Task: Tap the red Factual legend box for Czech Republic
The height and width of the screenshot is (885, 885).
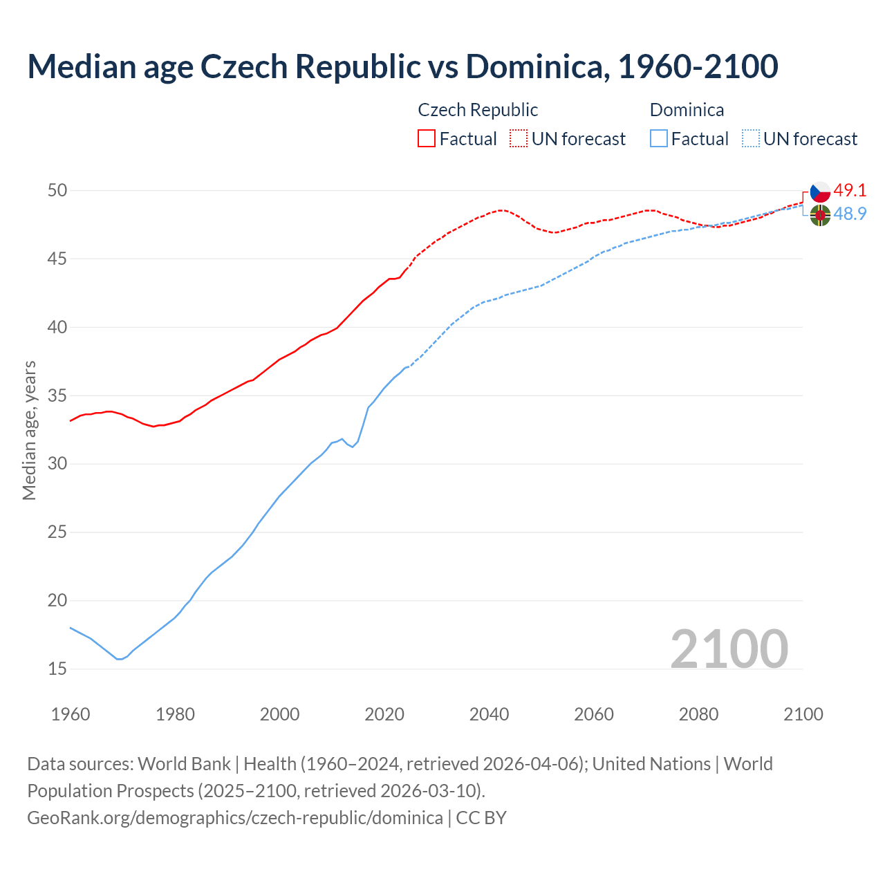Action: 427,139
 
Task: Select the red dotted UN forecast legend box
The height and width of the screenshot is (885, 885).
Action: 519,139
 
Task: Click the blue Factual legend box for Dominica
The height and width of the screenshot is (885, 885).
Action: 659,139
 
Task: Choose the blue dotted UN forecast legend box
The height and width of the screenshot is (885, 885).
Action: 751,139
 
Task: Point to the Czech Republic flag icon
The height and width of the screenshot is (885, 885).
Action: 820,192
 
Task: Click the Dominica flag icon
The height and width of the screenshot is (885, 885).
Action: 820,215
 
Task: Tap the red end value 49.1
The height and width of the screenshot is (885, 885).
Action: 850,190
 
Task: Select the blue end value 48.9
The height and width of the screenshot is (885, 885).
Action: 850,214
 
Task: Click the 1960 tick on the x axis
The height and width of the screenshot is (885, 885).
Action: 71,714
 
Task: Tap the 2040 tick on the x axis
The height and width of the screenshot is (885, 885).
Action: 489,714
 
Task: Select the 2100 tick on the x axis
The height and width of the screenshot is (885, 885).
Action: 803,714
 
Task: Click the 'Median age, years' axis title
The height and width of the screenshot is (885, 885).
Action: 29,430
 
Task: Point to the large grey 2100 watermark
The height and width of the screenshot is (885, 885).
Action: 729,649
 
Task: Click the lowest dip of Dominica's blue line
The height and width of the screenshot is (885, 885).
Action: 120,659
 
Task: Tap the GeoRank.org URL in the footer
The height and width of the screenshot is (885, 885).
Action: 235,818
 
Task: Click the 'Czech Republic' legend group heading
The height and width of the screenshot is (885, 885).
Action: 478,110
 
